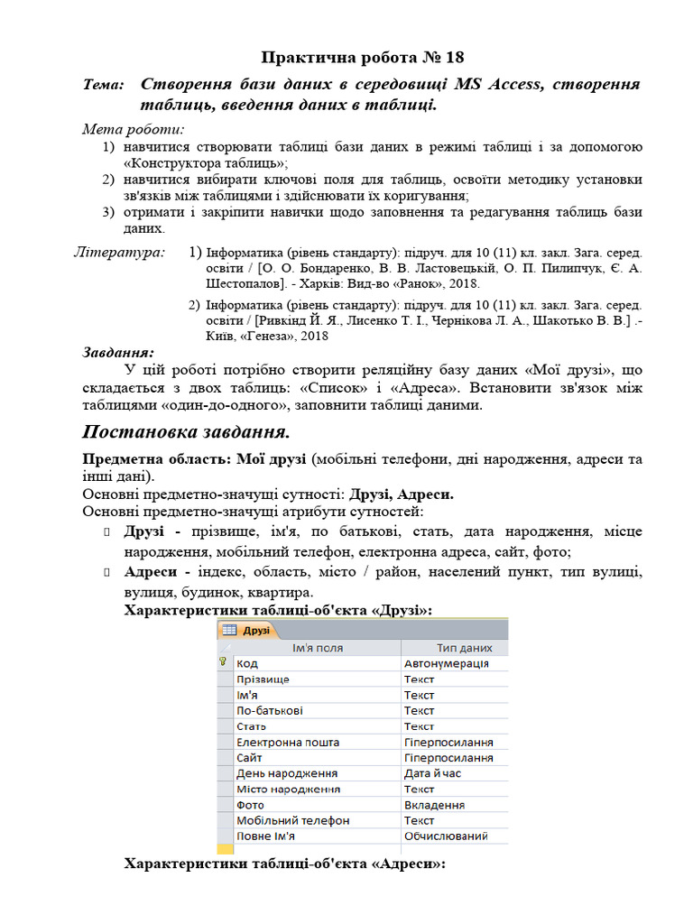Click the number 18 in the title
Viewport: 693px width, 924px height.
click(454, 58)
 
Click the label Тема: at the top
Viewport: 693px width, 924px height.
click(103, 85)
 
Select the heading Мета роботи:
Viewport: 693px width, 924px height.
click(133, 129)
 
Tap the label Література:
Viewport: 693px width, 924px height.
click(119, 252)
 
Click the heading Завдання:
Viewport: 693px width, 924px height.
click(118, 353)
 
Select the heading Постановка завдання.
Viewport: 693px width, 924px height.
click(186, 430)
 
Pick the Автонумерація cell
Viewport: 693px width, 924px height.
click(446, 663)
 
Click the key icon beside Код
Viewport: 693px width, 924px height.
click(222, 662)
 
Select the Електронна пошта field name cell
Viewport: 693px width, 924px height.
click(288, 742)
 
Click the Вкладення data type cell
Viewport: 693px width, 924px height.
click(434, 805)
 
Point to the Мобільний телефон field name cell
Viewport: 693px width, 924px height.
click(292, 820)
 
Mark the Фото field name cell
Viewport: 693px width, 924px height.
click(250, 805)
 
